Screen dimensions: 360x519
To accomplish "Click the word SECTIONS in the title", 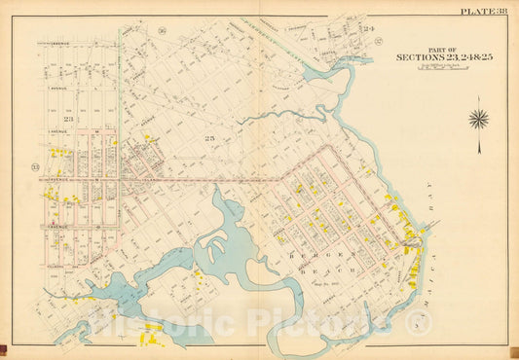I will [x=420, y=57].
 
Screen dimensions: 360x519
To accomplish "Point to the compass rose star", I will [x=478, y=120].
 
